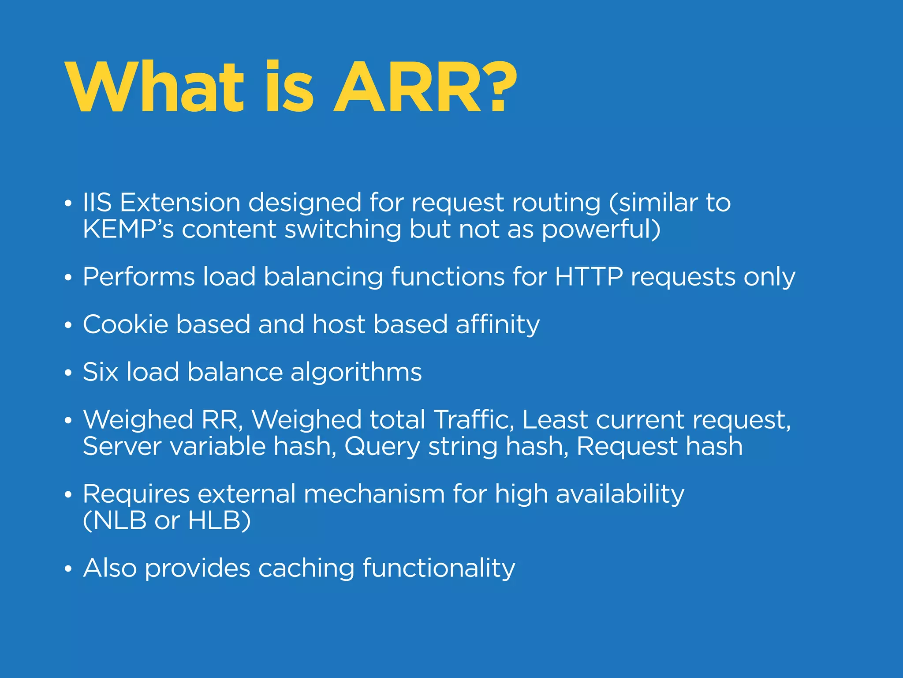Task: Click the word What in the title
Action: click(x=154, y=87)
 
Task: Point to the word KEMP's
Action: click(x=128, y=229)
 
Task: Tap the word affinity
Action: click(x=497, y=325)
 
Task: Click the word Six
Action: click(x=101, y=372)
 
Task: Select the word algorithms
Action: click(x=356, y=372)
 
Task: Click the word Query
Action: click(x=382, y=447)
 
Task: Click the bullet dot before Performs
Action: click(x=67, y=278)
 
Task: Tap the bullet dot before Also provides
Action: click(x=67, y=569)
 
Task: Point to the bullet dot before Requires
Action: click(x=67, y=495)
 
